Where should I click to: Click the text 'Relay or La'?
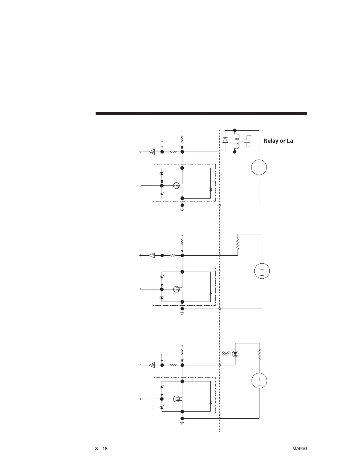tap(278, 141)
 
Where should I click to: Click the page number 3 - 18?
tap(101, 449)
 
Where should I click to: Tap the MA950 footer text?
tap(299, 449)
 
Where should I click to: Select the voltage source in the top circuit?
tap(259, 168)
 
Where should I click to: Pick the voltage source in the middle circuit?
tap(262, 271)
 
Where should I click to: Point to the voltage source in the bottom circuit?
tap(259, 381)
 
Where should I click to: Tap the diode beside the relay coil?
tap(225, 140)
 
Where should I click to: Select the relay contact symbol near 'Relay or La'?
tap(248, 141)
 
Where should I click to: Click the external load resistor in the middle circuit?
tap(238, 244)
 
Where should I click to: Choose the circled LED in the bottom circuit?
tap(235, 354)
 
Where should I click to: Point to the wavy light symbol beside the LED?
tap(226, 354)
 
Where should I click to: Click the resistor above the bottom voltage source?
tap(259, 355)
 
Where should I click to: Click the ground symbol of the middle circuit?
tap(182, 314)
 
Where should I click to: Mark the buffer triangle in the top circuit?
tap(152, 152)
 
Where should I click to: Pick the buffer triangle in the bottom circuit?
tap(152, 365)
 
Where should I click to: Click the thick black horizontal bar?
tap(201, 114)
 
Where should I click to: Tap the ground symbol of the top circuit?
tap(182, 210)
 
